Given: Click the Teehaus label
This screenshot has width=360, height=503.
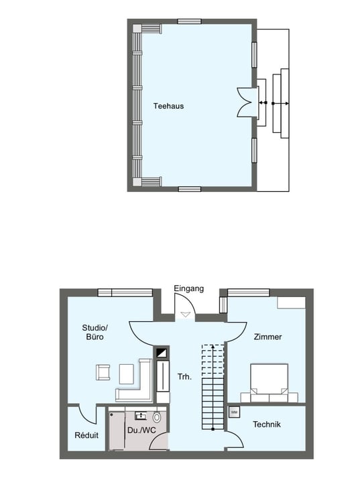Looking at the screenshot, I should tap(168, 106).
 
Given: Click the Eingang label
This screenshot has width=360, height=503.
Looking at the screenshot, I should tap(189, 289).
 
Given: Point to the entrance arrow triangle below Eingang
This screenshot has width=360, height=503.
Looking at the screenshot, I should tap(186, 313).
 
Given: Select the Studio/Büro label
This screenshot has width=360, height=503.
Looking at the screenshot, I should tap(95, 333).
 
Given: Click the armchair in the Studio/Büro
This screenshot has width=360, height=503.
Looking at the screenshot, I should tap(104, 373).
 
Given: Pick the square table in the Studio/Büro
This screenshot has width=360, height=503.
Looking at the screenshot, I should tap(127, 373).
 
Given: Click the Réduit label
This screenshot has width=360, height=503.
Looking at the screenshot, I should tap(86, 435).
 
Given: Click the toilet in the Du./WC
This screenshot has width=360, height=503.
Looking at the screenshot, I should tap(157, 416).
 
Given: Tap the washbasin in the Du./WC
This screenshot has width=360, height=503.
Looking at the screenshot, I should tap(141, 414).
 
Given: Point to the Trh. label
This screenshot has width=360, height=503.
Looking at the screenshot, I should tap(184, 377).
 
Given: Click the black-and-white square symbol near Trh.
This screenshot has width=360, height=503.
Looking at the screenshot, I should tap(161, 352).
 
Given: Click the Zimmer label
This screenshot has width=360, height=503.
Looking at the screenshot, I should tap(268, 337).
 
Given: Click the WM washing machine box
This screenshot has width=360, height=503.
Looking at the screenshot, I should tap(234, 412).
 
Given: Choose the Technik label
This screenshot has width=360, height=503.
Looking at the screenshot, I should tap(267, 425).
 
